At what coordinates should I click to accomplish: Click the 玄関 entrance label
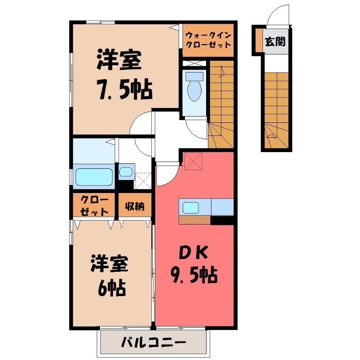tap(275, 41)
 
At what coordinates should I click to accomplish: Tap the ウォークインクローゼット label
tap(208, 40)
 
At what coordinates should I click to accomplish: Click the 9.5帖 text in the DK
tap(194, 274)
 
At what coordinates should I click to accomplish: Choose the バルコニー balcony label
tap(153, 343)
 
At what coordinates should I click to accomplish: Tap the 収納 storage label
tap(135, 206)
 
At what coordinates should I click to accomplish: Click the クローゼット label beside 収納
tap(94, 206)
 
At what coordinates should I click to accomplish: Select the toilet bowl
tap(194, 86)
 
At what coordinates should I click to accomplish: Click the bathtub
tap(94, 177)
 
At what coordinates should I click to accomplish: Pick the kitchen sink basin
tap(190, 208)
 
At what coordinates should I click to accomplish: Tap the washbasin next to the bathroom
tap(126, 172)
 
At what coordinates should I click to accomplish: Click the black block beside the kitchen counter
tap(222, 220)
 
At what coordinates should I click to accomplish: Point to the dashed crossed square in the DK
tap(193, 161)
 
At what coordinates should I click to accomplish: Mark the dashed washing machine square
tap(143, 181)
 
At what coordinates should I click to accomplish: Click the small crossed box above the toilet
tap(194, 63)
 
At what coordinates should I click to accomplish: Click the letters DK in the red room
tap(193, 252)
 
